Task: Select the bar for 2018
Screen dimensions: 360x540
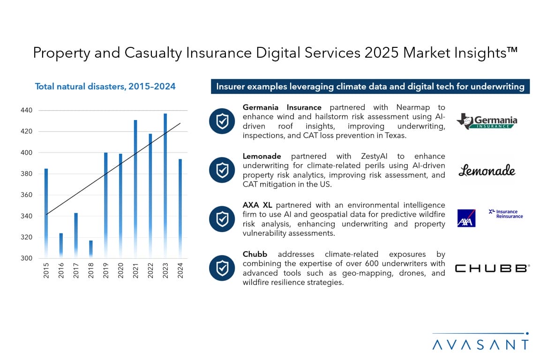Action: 91,249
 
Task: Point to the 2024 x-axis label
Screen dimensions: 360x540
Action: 180,270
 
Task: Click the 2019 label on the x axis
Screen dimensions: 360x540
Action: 106,270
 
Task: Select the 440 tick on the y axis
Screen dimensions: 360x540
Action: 26,111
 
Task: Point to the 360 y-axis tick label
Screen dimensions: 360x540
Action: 26,195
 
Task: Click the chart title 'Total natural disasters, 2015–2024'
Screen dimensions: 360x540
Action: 105,86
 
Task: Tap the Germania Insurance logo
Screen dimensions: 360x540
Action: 487,121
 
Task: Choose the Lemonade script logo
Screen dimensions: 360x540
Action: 487,171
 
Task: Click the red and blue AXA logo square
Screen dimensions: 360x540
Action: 466,218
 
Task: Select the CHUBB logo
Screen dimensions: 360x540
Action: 492,269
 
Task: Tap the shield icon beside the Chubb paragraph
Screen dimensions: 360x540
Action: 222,268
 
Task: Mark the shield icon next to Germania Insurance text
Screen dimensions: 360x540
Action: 222,121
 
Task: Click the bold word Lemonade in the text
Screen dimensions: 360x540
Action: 262,156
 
